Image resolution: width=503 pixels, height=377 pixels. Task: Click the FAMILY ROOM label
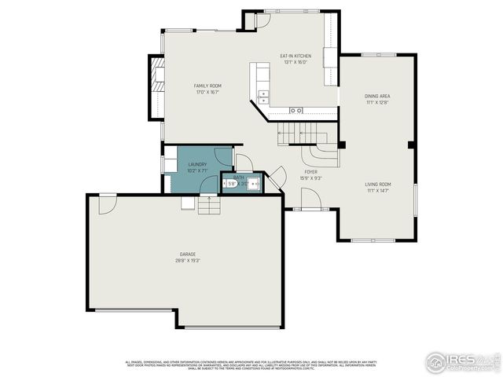207,85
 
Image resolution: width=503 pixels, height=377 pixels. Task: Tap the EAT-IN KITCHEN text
296,56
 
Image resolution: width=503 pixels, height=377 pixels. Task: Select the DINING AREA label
377,97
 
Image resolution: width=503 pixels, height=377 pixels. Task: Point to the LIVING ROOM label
377,185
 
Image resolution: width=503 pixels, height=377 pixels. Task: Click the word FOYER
310,171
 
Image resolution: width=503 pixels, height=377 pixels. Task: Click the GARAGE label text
187,254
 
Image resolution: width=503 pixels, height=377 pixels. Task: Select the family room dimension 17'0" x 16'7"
207,92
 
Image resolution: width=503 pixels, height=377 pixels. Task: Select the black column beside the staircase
341,144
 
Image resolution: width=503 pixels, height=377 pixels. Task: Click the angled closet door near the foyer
275,178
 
